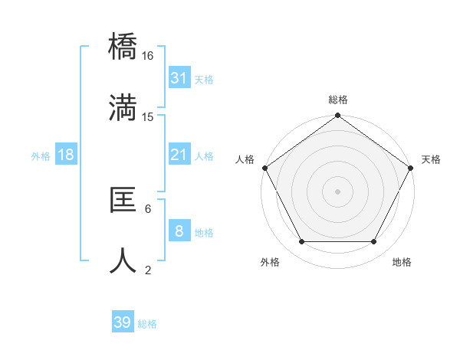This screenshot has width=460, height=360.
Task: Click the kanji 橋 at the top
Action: pyautogui.click(x=123, y=47)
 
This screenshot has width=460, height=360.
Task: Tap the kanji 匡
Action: pyautogui.click(x=123, y=200)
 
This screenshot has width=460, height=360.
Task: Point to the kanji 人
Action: pyautogui.click(x=123, y=260)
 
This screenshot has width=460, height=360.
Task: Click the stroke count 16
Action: pyautogui.click(x=148, y=56)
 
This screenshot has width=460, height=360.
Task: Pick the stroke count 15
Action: pyautogui.click(x=148, y=116)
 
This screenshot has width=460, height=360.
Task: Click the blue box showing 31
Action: pyautogui.click(x=179, y=78)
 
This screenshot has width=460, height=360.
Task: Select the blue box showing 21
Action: pyautogui.click(x=179, y=155)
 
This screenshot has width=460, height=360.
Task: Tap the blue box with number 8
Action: pyautogui.click(x=179, y=231)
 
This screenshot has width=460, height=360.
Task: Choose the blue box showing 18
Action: pyautogui.click(x=66, y=155)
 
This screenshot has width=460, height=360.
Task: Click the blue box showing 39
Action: pyautogui.click(x=123, y=322)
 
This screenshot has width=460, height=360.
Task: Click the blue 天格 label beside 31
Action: pyautogui.click(x=204, y=79)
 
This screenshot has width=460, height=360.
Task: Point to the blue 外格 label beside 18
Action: pyautogui.click(x=41, y=155)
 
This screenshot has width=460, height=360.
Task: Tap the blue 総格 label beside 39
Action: pyautogui.click(x=147, y=324)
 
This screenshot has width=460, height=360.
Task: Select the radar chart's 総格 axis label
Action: pyautogui.click(x=338, y=100)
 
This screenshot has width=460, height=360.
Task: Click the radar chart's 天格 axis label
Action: pyautogui.click(x=431, y=159)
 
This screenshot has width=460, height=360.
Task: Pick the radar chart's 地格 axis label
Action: pyautogui.click(x=402, y=263)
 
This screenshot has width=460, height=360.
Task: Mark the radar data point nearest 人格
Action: pyautogui.click(x=264, y=168)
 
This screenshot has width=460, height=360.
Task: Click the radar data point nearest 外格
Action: pyautogui.click(x=302, y=242)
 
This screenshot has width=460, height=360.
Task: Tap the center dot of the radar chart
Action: pyautogui.click(x=338, y=191)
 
